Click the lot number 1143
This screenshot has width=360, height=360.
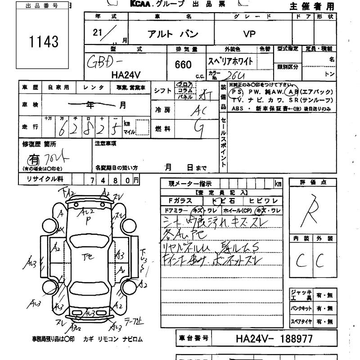(43, 42)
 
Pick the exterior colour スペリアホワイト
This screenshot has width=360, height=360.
(230, 61)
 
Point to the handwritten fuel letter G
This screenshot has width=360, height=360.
(197, 129)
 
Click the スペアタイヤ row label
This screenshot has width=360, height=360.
(301, 322)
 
